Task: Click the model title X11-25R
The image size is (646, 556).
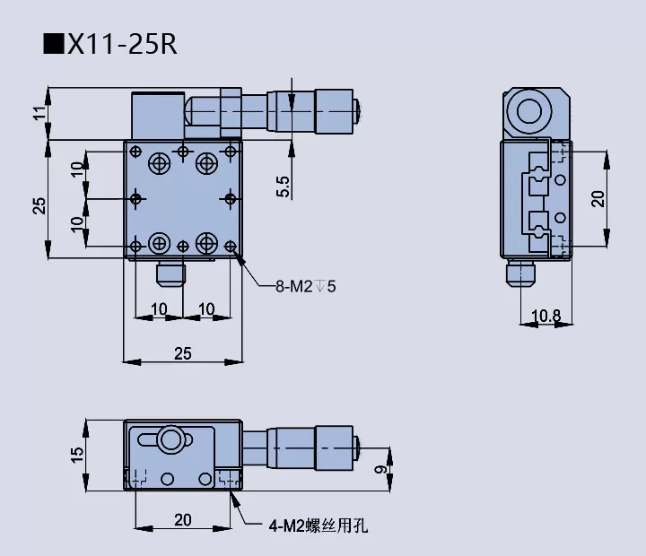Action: [x=122, y=44]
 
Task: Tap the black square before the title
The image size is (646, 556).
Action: [x=53, y=44]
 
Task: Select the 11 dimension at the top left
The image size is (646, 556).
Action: [x=38, y=114]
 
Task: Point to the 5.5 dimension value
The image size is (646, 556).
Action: [x=284, y=186]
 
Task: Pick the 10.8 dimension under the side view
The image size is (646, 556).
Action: [x=546, y=316]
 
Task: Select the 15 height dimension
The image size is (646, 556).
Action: [x=77, y=456]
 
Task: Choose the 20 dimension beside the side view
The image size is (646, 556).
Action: [x=598, y=197]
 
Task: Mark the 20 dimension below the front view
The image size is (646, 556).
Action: [x=182, y=518]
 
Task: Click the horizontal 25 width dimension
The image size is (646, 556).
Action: [x=182, y=354]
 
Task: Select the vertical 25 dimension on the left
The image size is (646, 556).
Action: [x=38, y=205]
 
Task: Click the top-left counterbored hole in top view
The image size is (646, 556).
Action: [x=160, y=163]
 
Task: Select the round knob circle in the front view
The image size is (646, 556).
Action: [x=170, y=439]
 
